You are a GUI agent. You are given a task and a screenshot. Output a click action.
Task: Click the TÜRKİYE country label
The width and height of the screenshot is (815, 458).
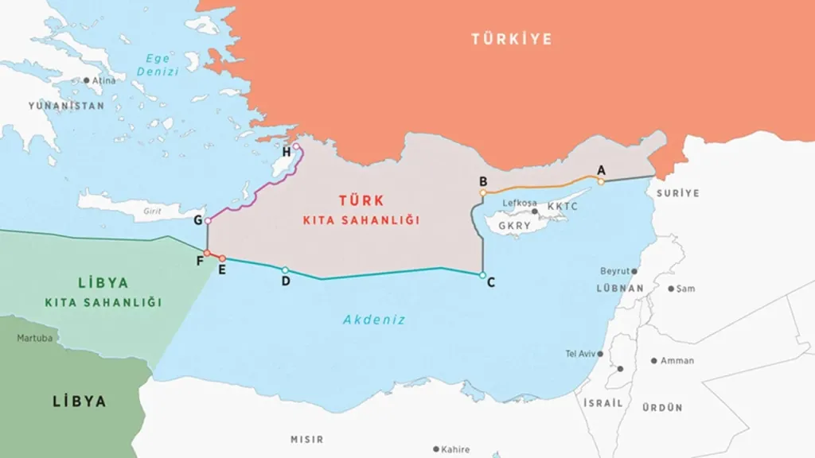[511, 39]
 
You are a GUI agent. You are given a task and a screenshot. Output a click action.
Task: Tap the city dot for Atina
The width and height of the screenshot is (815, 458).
[86, 80]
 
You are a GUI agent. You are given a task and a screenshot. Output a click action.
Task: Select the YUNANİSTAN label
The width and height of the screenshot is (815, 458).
[66, 106]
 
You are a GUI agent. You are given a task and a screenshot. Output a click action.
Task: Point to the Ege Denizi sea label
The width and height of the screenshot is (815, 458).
[157, 66]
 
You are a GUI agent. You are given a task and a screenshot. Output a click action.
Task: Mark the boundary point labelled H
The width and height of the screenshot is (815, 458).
[296, 147]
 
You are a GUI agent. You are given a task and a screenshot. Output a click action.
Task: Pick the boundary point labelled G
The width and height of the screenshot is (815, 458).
[208, 220]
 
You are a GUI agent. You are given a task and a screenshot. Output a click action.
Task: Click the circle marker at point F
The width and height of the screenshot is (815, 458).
[207, 254]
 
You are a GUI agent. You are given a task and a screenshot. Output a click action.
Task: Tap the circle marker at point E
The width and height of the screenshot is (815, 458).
[222, 258]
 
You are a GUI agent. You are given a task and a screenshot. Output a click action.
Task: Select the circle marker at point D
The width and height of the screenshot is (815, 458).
[285, 270]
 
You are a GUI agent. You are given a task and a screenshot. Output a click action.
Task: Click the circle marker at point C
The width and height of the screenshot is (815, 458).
[482, 275]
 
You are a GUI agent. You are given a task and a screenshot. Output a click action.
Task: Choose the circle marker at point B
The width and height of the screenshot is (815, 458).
[483, 192]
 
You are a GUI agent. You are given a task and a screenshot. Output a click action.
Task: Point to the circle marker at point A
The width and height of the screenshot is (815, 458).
[601, 181]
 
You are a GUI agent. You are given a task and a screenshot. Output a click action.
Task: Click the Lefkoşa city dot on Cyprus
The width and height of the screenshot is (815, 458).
[535, 212]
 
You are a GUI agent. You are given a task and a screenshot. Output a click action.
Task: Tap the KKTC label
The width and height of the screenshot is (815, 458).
[563, 206]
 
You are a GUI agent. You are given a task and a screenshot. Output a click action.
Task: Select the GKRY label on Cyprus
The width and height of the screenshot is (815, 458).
[514, 226]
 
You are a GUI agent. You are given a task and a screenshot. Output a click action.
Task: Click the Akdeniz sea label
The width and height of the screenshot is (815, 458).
[374, 320]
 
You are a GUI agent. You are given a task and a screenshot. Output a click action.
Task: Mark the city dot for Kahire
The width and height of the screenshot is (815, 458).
[436, 449]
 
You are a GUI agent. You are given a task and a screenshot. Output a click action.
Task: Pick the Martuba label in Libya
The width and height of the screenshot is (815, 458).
[35, 338]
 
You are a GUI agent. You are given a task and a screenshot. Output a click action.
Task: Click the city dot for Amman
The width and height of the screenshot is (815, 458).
[654, 360]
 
